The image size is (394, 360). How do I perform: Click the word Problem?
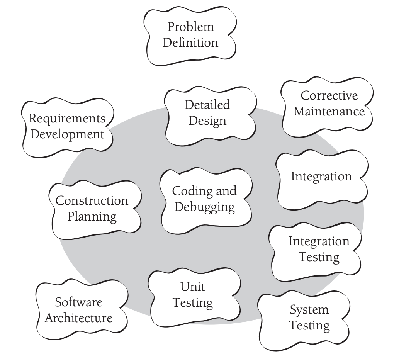pyautogui.click(x=190, y=27)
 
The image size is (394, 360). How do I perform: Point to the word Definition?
pyautogui.click(x=190, y=42)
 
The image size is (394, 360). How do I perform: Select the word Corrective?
pyautogui.click(x=329, y=95)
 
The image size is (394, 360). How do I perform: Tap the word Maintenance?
pyautogui.click(x=329, y=111)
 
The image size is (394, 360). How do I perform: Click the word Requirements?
pyautogui.click(x=67, y=118)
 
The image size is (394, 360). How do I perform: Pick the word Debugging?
pyautogui.click(x=204, y=207)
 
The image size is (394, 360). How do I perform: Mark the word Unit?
pyautogui.click(x=192, y=287)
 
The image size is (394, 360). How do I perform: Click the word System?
pyautogui.click(x=309, y=309)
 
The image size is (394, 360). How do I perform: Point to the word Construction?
pyautogui.click(x=92, y=200)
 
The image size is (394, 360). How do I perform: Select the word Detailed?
pyautogui.click(x=207, y=104)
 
